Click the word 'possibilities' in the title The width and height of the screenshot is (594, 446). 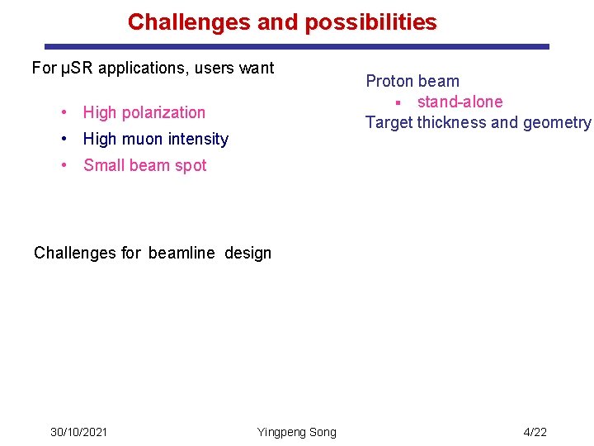point(370,22)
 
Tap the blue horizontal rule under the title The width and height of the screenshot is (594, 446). point(296,47)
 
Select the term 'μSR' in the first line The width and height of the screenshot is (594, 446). point(75,68)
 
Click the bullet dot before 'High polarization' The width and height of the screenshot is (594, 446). point(64,112)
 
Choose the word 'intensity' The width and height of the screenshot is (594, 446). point(199,139)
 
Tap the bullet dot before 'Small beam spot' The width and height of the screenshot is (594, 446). point(64,165)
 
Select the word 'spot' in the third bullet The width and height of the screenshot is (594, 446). point(191,165)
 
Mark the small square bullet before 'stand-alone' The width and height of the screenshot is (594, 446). point(397,102)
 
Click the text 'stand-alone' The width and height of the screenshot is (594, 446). point(460,102)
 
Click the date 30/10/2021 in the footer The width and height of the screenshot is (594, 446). point(78,432)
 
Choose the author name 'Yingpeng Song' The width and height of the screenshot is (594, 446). point(296,432)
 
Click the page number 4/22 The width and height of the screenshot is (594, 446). point(535,432)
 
